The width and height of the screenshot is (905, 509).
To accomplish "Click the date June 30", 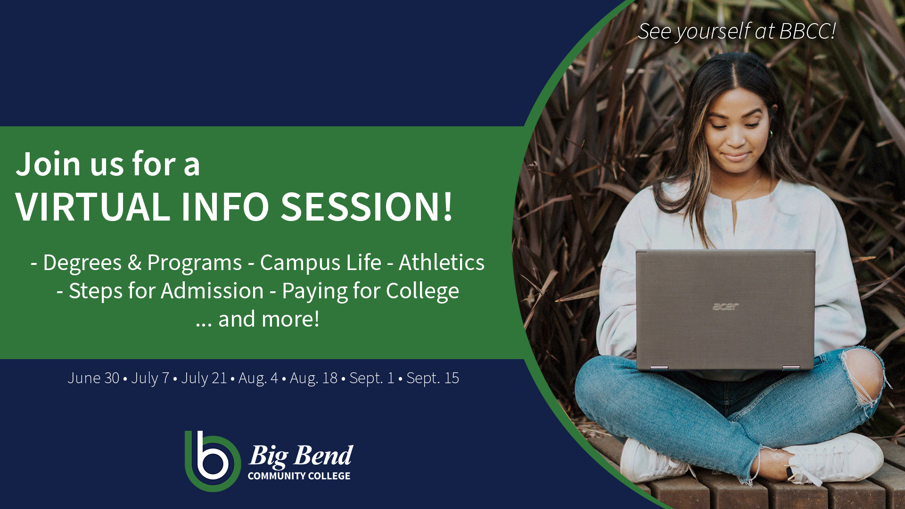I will [x=93, y=378].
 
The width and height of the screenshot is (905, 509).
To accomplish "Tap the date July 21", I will [x=204, y=378].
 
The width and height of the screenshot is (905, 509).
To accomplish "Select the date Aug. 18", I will [x=313, y=378].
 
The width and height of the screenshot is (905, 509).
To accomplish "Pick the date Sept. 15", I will [x=432, y=378].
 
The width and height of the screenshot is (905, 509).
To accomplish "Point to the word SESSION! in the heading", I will [x=367, y=207].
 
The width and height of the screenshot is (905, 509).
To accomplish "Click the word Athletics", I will [x=441, y=263].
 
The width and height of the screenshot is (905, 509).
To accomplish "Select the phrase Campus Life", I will [x=321, y=263].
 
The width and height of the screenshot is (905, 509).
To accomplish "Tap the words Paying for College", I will [x=370, y=291].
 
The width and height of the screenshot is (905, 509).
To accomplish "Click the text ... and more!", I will [x=257, y=319].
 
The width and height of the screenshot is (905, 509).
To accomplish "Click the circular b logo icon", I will [x=212, y=461].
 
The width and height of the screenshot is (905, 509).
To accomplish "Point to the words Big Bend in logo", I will [x=301, y=455].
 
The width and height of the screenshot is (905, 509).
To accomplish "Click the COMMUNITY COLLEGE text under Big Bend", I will [x=299, y=476].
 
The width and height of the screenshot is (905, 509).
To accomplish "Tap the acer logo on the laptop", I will [x=725, y=307].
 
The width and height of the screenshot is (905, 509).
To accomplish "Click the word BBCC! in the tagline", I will [x=807, y=32].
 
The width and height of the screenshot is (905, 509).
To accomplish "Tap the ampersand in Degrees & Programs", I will [x=134, y=263].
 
